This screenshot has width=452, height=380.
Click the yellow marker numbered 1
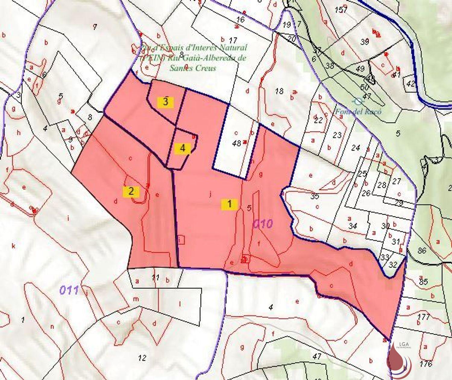tap(229, 204)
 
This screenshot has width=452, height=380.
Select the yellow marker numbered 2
tap(131, 192)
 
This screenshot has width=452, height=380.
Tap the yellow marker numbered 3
tap(165, 102)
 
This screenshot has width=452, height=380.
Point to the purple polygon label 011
tap(69, 290)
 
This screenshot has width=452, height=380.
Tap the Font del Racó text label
tap(359, 112)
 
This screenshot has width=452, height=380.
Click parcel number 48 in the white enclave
tap(237, 143)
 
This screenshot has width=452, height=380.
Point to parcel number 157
tap(341, 10)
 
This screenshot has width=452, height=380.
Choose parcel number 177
tap(423, 317)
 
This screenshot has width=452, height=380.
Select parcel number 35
tap(314, 197)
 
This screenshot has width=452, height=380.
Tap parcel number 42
tap(410, 84)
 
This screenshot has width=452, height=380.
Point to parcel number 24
tap(356, 148)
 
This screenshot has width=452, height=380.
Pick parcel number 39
tap(365, 42)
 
